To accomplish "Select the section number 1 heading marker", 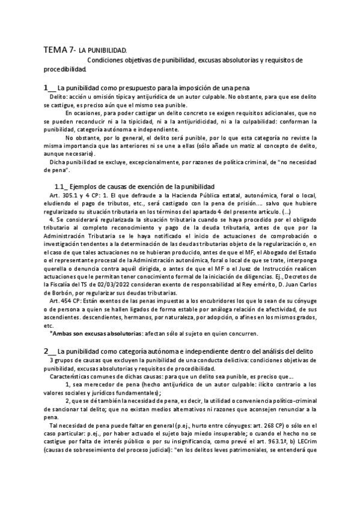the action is [x=46, y=88].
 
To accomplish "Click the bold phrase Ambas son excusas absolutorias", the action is [x=97, y=333].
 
